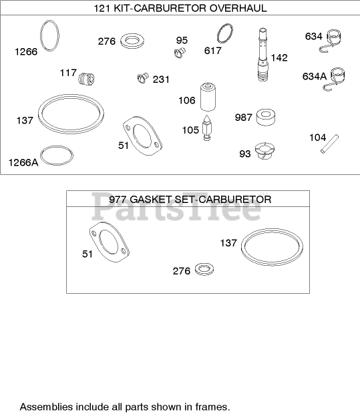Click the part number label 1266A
click(x=23, y=162)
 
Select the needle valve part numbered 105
click(x=207, y=128)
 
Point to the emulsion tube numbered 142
click(x=263, y=54)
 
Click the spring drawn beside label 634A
click(x=334, y=79)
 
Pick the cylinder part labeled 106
click(x=208, y=97)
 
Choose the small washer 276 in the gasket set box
click(x=204, y=269)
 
